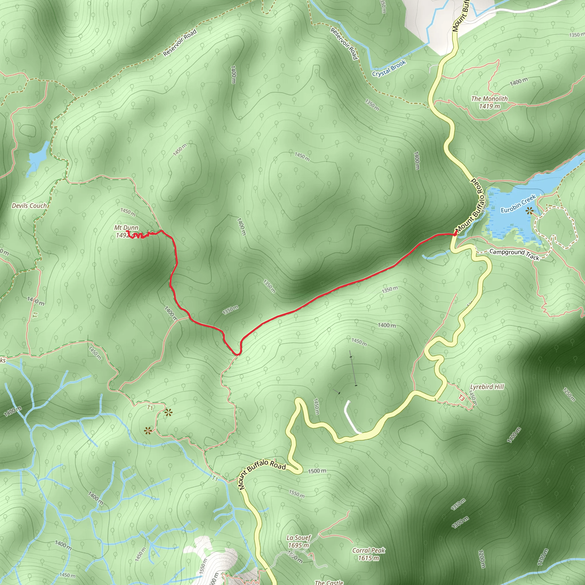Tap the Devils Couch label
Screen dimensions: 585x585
(x=29, y=206)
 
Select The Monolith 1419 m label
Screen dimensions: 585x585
(x=489, y=102)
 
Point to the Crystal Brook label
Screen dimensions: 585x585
(x=389, y=69)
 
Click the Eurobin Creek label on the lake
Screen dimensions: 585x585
(x=518, y=204)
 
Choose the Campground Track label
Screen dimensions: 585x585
(x=514, y=254)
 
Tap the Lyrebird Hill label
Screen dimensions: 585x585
(x=487, y=387)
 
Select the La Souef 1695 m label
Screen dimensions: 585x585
(x=298, y=541)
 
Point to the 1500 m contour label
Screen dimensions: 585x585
(x=317, y=471)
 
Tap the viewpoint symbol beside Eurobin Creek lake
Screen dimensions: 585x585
(x=529, y=211)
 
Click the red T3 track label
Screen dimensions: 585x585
(x=461, y=398)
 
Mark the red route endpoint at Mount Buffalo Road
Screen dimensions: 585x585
(x=455, y=234)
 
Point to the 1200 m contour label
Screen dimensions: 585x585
(x=482, y=559)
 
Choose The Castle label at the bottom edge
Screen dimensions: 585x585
(x=329, y=582)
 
